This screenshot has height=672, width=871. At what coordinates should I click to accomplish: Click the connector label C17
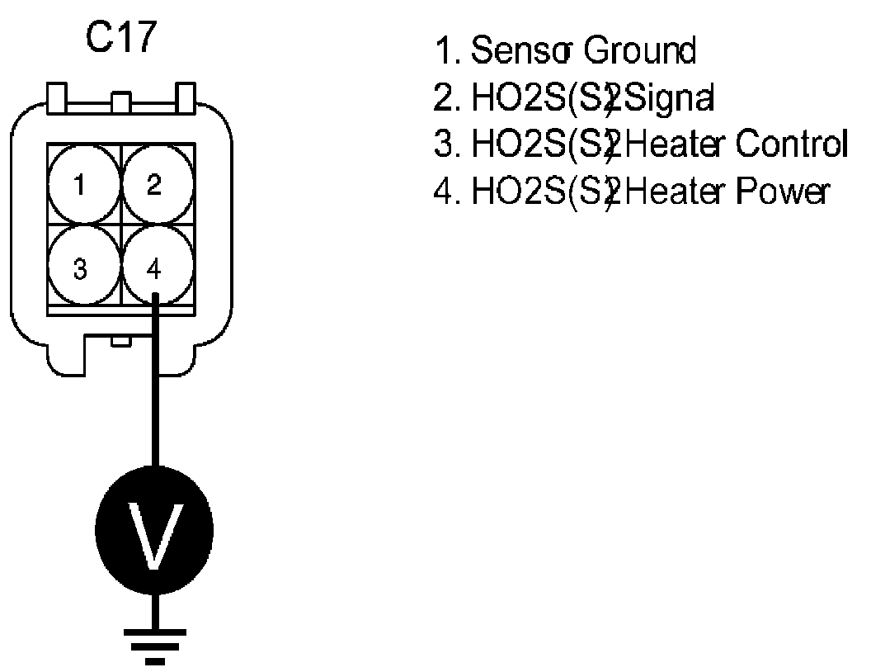pos(120,40)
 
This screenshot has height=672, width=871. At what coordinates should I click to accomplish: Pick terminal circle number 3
pos(79,269)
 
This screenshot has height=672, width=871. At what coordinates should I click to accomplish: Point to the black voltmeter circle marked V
pos(154,529)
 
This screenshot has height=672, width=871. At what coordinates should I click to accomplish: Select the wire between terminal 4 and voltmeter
pos(154,388)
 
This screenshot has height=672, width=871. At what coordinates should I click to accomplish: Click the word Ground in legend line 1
pos(640,52)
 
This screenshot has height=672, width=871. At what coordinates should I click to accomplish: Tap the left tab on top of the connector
pos(58,97)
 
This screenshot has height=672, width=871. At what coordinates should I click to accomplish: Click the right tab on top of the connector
pos(186,97)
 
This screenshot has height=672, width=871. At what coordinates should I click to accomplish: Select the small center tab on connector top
pos(121,102)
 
